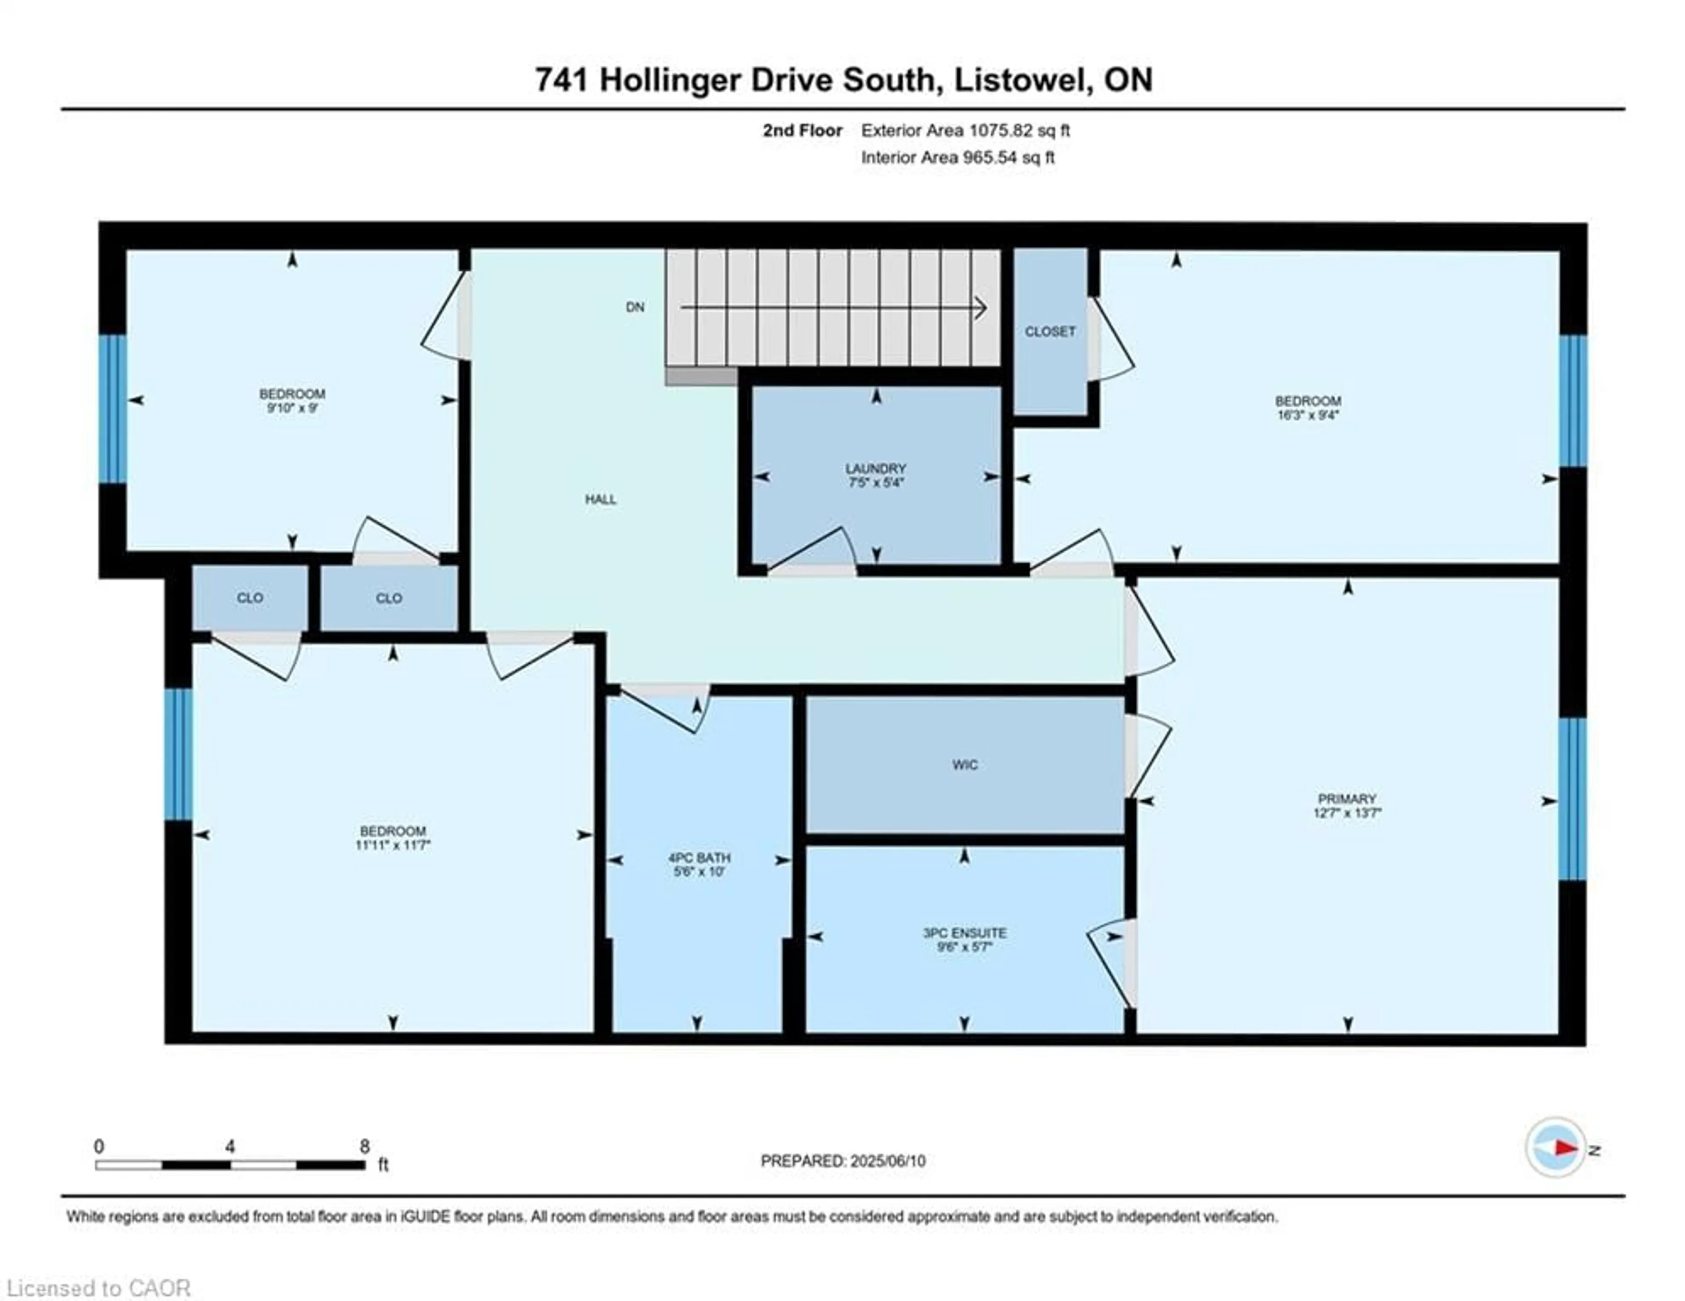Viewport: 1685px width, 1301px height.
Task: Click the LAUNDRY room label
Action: tap(875, 468)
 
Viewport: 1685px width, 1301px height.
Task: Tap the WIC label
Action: tap(964, 765)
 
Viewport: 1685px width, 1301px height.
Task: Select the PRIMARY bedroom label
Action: tap(1347, 799)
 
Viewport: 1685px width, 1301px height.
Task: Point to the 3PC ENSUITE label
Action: tap(964, 933)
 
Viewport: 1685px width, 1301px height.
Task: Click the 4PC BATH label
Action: tap(699, 857)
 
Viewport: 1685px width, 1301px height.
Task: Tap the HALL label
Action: tap(600, 499)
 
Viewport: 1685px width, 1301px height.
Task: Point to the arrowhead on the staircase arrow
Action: tap(981, 308)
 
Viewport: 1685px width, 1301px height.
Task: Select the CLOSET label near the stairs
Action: tap(1050, 331)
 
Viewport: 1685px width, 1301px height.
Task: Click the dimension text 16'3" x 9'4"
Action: tap(1308, 414)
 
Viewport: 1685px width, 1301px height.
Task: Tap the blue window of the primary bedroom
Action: tap(1572, 799)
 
